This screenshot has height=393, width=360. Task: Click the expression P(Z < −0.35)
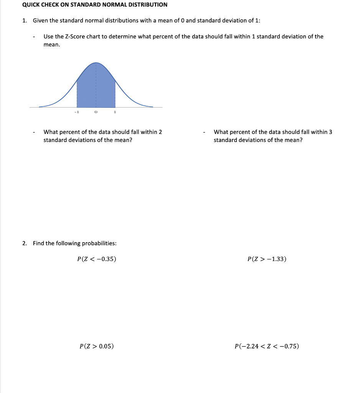[97, 259]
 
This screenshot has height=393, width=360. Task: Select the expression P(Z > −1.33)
[267, 259]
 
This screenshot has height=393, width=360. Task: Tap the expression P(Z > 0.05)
[97, 346]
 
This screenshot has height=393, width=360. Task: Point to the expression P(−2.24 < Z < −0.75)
[267, 346]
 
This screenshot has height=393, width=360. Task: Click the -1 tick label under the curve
[76, 112]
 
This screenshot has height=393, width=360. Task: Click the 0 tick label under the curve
[96, 112]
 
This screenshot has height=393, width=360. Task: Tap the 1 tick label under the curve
[115, 112]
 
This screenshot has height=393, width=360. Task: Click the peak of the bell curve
[96, 63]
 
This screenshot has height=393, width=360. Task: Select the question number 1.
[24, 21]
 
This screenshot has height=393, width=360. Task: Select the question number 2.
[24, 243]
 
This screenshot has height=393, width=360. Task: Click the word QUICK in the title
[31, 5]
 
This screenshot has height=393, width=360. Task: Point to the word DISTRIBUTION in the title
[148, 5]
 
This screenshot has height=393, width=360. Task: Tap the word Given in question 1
[41, 21]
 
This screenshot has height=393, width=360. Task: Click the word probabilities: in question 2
[98, 243]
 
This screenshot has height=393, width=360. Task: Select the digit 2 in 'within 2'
[160, 132]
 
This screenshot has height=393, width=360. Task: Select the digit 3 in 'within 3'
[330, 132]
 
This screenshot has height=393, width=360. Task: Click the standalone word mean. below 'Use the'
[52, 45]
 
